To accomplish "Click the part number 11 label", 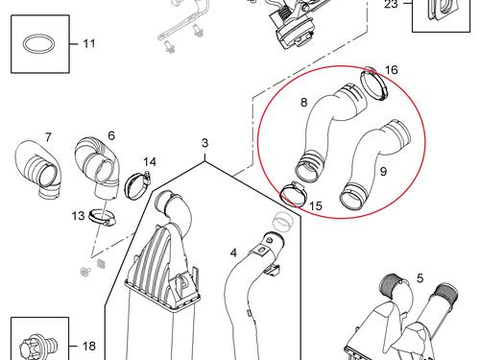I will [x=89, y=44].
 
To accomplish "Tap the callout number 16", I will [x=392, y=70].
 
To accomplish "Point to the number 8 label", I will [x=303, y=102].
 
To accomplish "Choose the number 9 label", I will [x=382, y=171].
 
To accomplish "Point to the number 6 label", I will [x=111, y=135].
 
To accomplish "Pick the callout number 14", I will [x=150, y=161].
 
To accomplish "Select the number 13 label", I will [x=78, y=215].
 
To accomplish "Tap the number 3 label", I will [x=204, y=144].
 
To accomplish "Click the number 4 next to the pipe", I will [x=231, y=252].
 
